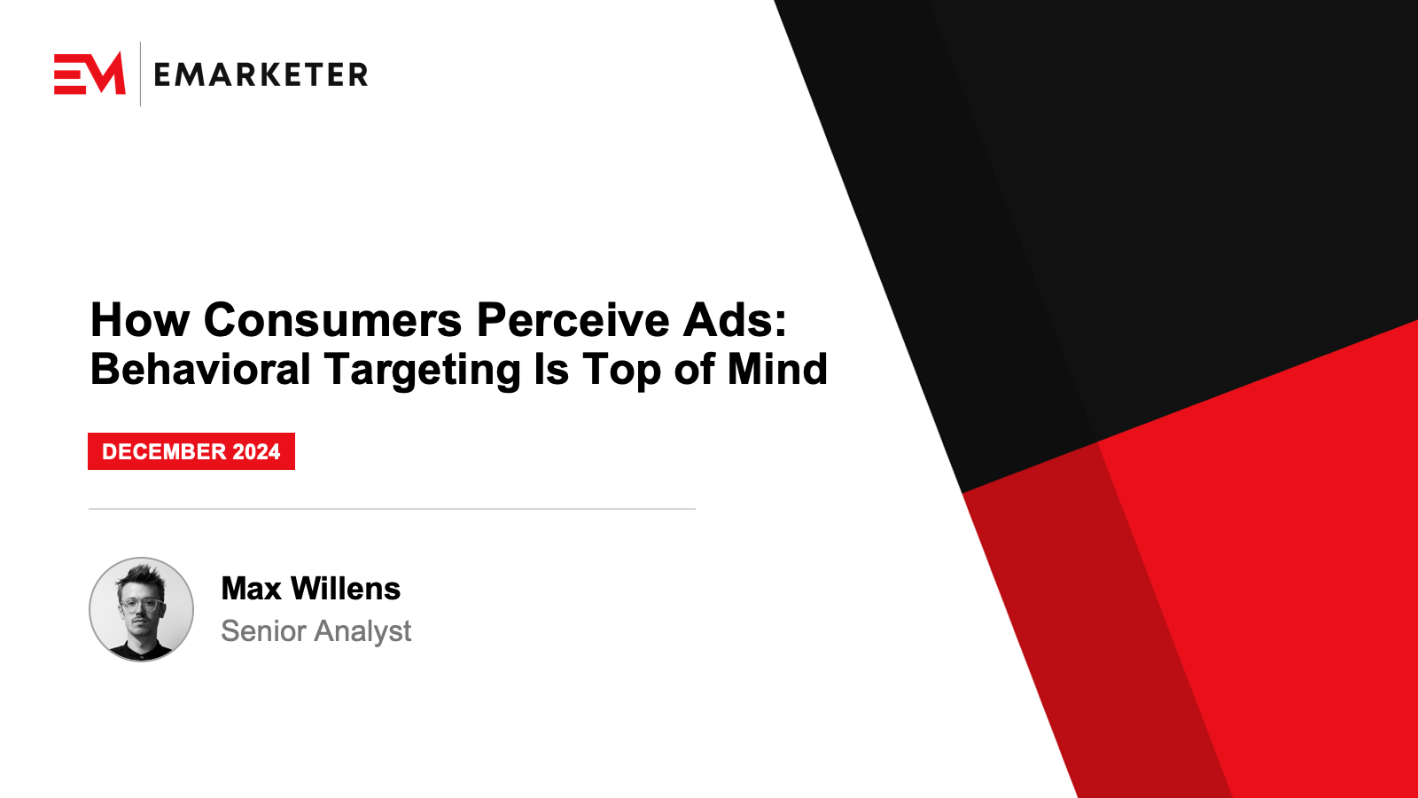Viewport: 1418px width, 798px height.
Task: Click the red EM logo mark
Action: pyautogui.click(x=90, y=74)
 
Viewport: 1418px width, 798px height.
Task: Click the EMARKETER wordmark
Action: pyautogui.click(x=261, y=74)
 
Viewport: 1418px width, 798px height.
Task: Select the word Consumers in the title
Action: pyautogui.click(x=333, y=320)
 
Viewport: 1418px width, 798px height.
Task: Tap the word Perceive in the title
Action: pyautogui.click(x=573, y=320)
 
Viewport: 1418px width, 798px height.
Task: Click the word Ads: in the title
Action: pyautogui.click(x=735, y=320)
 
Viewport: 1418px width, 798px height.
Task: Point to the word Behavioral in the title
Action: pyautogui.click(x=200, y=369)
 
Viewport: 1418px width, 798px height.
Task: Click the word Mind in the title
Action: pyautogui.click(x=777, y=369)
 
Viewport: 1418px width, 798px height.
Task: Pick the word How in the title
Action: pyautogui.click(x=140, y=320)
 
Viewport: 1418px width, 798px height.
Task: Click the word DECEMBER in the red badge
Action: pyautogui.click(x=164, y=451)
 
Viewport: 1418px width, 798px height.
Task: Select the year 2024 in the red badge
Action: pyautogui.click(x=256, y=451)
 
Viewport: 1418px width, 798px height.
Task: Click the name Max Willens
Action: pyautogui.click(x=311, y=589)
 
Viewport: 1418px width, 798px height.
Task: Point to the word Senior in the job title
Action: pyautogui.click(x=263, y=630)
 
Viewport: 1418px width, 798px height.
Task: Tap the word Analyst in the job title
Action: pyautogui.click(x=363, y=632)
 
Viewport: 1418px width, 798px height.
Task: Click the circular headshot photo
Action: pyautogui.click(x=141, y=609)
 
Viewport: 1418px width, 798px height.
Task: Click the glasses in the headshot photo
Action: pyautogui.click(x=141, y=604)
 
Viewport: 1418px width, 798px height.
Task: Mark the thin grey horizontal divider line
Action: pyautogui.click(x=392, y=509)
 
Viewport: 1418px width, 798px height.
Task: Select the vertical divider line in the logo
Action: pyautogui.click(x=140, y=74)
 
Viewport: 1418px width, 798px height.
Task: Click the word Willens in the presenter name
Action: pyautogui.click(x=346, y=589)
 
